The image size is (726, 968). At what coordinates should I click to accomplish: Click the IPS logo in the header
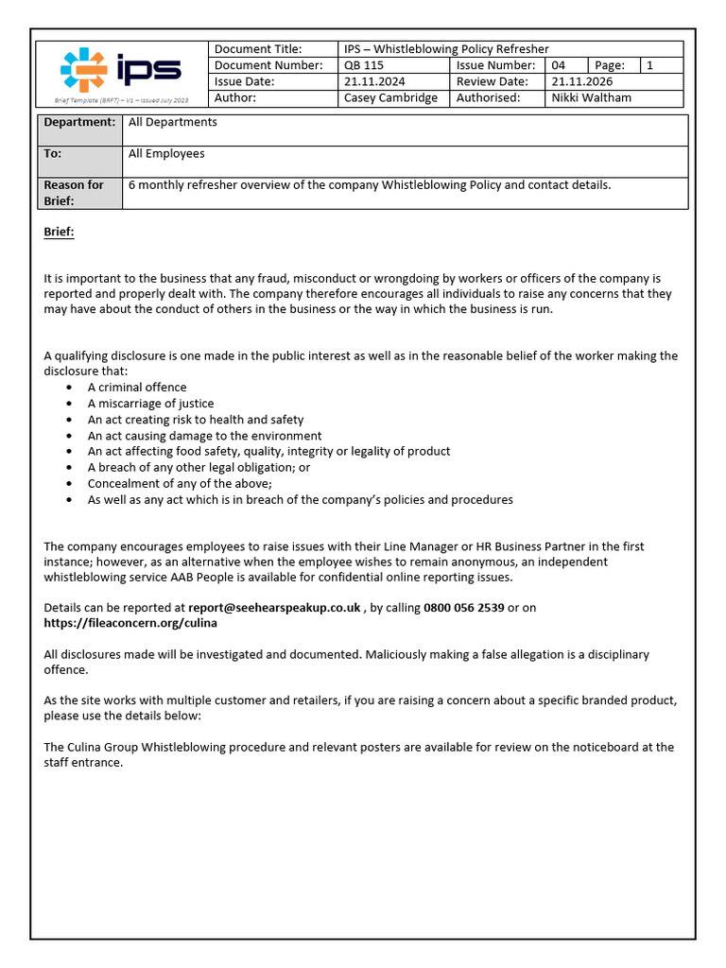(x=120, y=69)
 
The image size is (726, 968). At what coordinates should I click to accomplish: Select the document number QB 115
(x=364, y=65)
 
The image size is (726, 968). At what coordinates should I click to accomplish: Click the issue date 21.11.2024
(x=374, y=81)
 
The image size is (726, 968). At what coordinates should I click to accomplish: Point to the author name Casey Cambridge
(x=390, y=97)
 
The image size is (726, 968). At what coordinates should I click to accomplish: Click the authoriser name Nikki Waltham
(x=592, y=97)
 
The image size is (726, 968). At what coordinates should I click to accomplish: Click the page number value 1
(x=649, y=65)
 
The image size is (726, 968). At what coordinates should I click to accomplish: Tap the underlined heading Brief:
(x=59, y=232)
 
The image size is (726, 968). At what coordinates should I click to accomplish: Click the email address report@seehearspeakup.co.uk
(x=274, y=608)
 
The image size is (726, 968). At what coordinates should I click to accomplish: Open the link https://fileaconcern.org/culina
(x=130, y=623)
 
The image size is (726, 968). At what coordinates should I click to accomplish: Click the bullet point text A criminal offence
(x=137, y=388)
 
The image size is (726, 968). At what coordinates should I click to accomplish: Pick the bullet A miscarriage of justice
(x=150, y=404)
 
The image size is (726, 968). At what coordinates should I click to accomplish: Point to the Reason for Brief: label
(x=74, y=193)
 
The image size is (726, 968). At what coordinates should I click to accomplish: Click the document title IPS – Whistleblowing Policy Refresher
(x=446, y=49)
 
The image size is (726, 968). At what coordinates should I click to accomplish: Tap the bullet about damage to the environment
(x=204, y=436)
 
